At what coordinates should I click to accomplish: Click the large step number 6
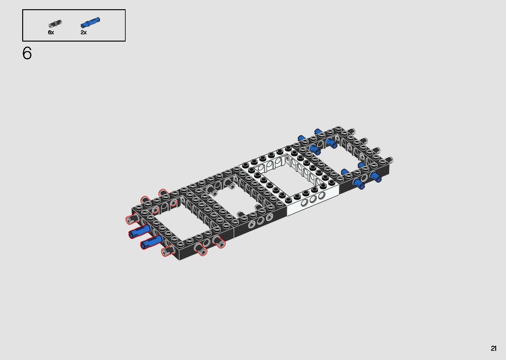click(x=27, y=53)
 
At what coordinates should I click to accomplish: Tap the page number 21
click(x=494, y=349)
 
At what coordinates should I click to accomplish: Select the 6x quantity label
click(x=51, y=32)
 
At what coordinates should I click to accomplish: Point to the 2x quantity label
click(x=83, y=32)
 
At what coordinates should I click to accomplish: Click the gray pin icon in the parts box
click(x=55, y=23)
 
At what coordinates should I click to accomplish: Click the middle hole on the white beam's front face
click(x=313, y=199)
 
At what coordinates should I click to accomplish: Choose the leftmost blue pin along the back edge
click(x=301, y=138)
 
